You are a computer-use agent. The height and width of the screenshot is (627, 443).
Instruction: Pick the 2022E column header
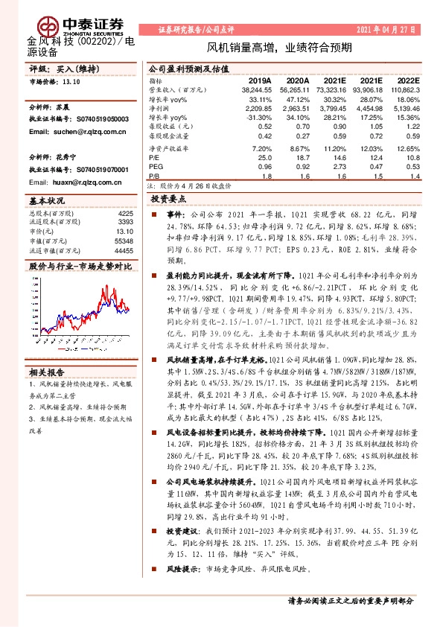tap(409, 80)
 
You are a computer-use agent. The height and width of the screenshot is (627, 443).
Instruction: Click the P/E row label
tap(153, 158)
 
